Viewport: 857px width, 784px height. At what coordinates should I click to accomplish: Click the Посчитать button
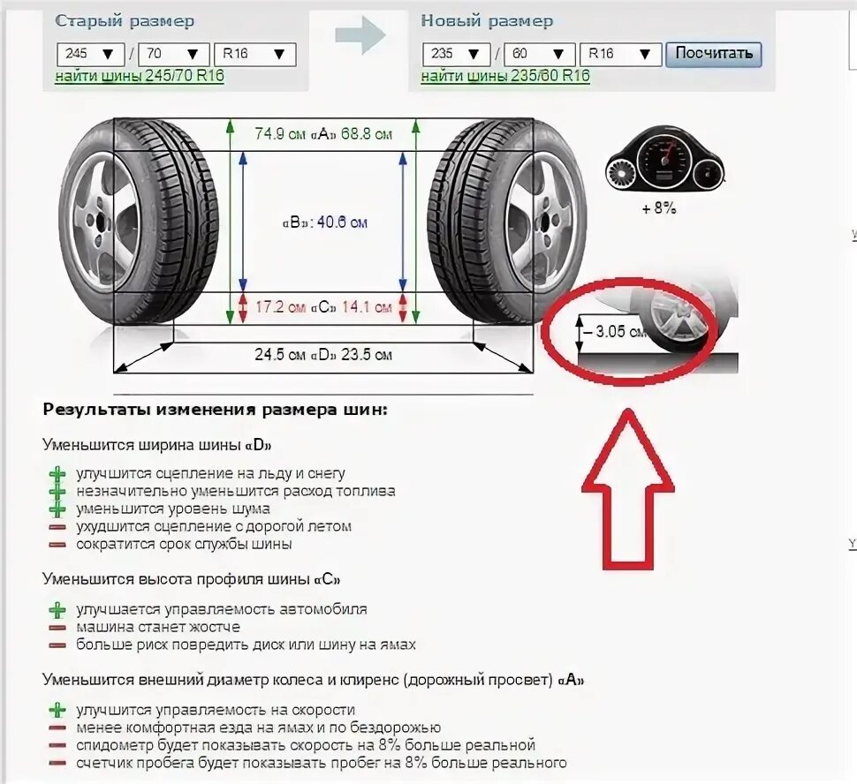713,53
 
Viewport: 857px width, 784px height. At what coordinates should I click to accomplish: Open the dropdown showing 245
89,54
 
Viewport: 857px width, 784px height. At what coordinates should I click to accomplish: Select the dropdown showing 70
173,54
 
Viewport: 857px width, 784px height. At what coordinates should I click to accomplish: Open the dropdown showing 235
456,54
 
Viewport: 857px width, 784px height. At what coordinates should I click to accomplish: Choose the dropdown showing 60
539,54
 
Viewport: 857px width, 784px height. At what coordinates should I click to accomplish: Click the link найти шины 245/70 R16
140,76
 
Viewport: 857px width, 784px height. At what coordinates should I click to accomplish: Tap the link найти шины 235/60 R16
505,76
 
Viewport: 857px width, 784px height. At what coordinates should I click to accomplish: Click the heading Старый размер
125,21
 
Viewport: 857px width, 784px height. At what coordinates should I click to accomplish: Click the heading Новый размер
487,21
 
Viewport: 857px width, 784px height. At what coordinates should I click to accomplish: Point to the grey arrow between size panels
360,36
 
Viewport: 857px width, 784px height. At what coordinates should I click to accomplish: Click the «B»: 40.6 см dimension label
324,222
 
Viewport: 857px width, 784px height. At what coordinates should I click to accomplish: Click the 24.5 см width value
277,355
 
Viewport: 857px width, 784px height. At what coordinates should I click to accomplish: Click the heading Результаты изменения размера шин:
215,410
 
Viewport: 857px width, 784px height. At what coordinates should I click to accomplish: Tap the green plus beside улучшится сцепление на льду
57,474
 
